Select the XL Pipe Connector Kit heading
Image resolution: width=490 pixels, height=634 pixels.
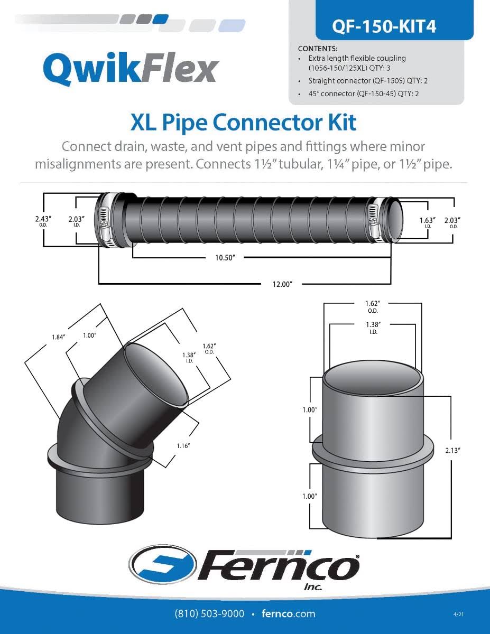click(243, 122)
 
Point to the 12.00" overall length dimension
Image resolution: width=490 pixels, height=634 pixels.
click(282, 284)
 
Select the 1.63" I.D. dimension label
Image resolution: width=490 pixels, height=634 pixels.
click(428, 221)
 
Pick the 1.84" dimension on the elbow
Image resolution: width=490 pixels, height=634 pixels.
click(58, 337)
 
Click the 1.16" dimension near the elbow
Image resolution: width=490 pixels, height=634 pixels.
click(183, 445)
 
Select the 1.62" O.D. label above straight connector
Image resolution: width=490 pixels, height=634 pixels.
click(373, 306)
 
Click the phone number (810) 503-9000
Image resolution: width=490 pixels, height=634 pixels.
click(209, 613)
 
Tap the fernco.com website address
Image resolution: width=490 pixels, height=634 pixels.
click(288, 613)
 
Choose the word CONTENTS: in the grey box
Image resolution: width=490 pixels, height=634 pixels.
click(317, 49)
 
